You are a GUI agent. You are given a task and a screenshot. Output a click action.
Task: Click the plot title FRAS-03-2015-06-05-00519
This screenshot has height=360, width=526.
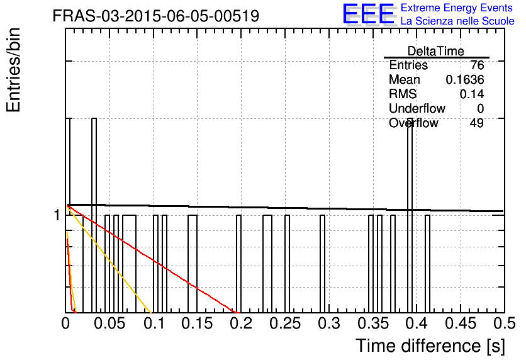pyautogui.click(x=156, y=16)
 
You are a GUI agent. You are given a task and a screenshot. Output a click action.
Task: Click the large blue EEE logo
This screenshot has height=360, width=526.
pyautogui.click(x=369, y=14)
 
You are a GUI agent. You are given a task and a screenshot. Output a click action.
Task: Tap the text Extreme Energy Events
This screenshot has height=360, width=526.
pyautogui.click(x=457, y=8)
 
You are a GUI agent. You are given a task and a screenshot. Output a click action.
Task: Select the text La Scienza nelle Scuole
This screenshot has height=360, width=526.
pyautogui.click(x=457, y=21)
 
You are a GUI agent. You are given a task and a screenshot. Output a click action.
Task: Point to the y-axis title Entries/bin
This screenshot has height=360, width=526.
pyautogui.click(x=13, y=70)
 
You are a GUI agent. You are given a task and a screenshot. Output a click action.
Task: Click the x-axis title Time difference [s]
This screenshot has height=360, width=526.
pyautogui.click(x=430, y=346)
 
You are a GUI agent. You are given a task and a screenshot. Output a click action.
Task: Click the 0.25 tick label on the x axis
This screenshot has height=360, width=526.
pyautogui.click(x=285, y=323)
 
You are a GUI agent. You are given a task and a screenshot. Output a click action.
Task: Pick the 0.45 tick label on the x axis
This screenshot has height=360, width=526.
pyautogui.click(x=461, y=323)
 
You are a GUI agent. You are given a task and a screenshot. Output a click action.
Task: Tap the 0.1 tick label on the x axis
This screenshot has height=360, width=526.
pyautogui.click(x=155, y=323)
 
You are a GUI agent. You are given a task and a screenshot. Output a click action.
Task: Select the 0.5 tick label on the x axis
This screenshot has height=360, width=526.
pyautogui.click(x=504, y=323)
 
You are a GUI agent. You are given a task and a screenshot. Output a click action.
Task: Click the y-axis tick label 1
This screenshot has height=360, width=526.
pyautogui.click(x=57, y=215)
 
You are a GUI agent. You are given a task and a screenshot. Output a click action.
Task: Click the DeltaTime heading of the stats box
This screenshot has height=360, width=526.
pyautogui.click(x=436, y=51)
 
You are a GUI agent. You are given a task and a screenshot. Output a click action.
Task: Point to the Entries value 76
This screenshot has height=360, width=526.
pyautogui.click(x=477, y=65)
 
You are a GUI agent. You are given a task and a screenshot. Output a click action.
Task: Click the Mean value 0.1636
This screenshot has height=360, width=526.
pyautogui.click(x=465, y=79)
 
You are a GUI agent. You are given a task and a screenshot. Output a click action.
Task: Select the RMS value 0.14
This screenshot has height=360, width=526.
pyautogui.click(x=472, y=94)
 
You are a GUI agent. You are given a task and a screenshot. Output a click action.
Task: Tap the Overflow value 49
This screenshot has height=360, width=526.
pyautogui.click(x=477, y=123)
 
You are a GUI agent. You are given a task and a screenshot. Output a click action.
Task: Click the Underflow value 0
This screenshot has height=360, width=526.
pyautogui.click(x=481, y=108)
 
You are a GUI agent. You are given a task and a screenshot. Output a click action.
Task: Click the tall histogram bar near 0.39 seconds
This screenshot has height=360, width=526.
pyautogui.click(x=410, y=215)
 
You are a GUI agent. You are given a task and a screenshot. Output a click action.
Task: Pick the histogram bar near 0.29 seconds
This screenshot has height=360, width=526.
pyautogui.click(x=322, y=264)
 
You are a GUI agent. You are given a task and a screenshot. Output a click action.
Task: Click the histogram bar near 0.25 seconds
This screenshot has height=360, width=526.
pyautogui.click(x=287, y=264)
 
